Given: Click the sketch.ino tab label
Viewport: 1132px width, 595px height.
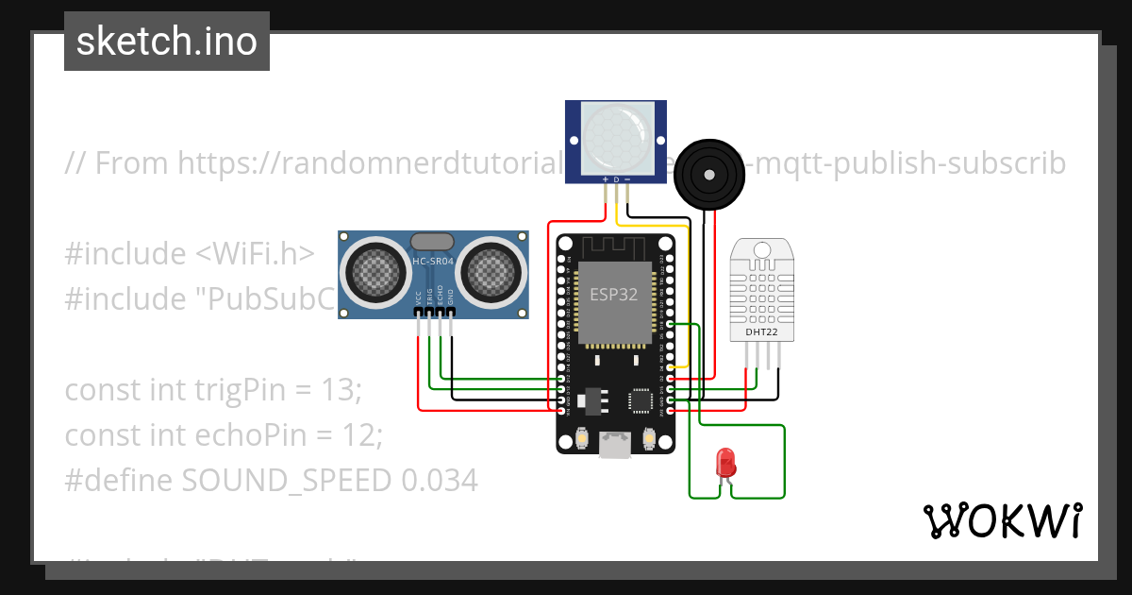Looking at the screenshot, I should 167,42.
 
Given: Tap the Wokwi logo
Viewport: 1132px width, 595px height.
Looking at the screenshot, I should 1001,520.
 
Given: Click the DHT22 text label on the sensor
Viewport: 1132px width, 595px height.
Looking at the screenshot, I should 761,331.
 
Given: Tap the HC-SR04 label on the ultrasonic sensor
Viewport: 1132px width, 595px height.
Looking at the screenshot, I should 432,261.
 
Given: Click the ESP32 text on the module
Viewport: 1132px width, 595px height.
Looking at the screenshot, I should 614,294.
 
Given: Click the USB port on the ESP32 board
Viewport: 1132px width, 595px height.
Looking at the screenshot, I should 615,444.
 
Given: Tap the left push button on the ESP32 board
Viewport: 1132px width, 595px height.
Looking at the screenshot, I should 582,439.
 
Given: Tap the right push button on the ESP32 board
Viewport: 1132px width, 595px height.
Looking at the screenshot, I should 649,439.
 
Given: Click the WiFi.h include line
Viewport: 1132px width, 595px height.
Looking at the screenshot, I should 190,254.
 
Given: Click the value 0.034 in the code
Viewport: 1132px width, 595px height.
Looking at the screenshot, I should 439,481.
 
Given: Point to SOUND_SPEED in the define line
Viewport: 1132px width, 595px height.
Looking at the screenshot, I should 286,481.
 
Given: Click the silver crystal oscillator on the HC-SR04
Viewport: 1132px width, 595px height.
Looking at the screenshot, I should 432,243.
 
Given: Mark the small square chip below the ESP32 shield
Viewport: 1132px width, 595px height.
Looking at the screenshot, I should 641,399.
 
